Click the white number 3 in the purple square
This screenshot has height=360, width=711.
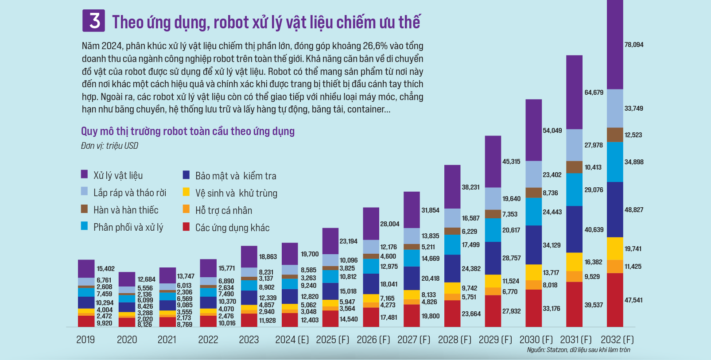click(x=94, y=21)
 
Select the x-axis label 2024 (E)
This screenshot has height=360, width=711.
click(x=292, y=340)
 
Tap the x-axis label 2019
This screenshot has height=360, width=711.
click(x=85, y=340)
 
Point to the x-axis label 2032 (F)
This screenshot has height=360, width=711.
click(x=617, y=340)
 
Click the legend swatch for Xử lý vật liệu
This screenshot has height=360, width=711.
click(x=84, y=174)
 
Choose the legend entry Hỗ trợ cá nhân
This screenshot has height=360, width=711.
click(x=223, y=210)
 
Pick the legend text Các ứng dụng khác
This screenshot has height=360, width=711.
click(x=232, y=228)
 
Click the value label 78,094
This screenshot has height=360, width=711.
click(x=634, y=45)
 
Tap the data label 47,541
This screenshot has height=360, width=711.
click(x=634, y=300)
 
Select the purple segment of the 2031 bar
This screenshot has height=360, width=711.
click(x=574, y=92)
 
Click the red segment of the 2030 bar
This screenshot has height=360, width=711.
click(x=534, y=308)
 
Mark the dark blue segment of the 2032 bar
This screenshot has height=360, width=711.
click(x=615, y=209)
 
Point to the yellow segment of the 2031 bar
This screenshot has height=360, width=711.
click(x=574, y=262)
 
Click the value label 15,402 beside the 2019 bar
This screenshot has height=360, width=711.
click(x=105, y=269)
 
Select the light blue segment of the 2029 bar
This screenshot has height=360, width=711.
click(x=493, y=198)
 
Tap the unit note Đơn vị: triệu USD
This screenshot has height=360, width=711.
click(x=109, y=146)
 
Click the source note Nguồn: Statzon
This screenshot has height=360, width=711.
click(x=578, y=350)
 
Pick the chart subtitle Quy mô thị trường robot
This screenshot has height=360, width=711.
click(x=187, y=131)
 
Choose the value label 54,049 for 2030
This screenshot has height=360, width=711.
click(x=552, y=131)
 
